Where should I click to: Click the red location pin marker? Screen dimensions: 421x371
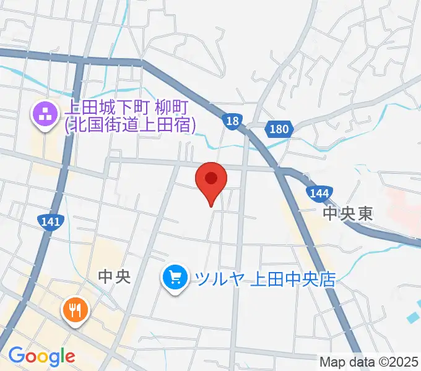click(211, 180)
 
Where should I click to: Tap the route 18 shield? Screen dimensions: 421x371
click(232, 122)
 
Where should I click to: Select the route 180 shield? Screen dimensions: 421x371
click(280, 129)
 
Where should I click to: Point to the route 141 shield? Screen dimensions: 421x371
click(49, 221)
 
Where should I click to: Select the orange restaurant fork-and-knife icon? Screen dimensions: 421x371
click(76, 310)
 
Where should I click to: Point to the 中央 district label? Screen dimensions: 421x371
click(115, 275)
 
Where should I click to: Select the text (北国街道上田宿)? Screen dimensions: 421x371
click(130, 126)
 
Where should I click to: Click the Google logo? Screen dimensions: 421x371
click(41, 357)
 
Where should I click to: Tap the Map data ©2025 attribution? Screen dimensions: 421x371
click(369, 361)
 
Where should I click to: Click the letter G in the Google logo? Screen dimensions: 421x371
click(16, 356)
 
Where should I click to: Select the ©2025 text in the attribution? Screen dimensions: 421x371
click(396, 361)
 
